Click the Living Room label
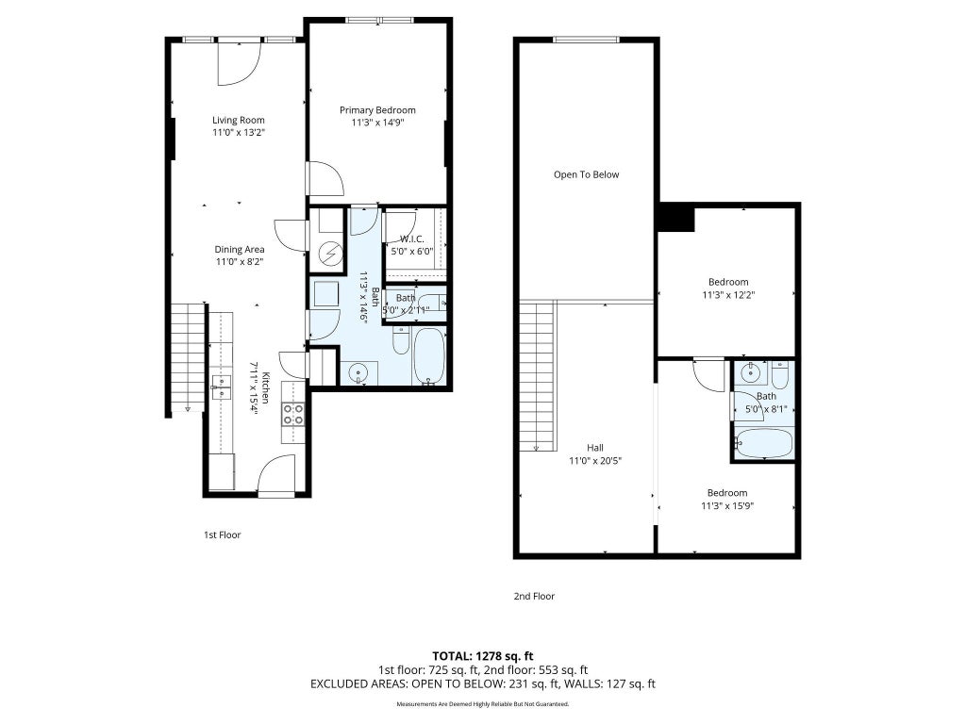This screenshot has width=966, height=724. tap(239, 120)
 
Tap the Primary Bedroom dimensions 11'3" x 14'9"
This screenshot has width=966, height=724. tap(377, 123)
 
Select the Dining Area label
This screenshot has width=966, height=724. tap(240, 249)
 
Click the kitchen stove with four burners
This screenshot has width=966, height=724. tap(293, 414)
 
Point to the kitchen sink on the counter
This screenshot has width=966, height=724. tap(221, 387)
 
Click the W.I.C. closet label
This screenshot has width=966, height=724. tap(411, 239)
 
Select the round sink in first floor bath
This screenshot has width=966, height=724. tap(358, 372)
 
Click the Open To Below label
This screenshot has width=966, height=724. tap(587, 174)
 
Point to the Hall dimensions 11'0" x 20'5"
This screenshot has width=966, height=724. tap(595, 460)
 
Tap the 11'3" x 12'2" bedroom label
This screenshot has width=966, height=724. tap(728, 294)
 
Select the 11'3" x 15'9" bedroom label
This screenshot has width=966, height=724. tap(727, 506)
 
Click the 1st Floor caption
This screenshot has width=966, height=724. tap(223, 535)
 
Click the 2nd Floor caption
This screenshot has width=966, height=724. tap(534, 596)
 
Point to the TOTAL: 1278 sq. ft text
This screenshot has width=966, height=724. tap(482, 656)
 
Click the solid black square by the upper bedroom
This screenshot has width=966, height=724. tap(675, 218)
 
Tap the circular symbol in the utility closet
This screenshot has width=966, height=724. tap(329, 253)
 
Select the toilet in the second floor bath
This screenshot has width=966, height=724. tap(779, 374)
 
